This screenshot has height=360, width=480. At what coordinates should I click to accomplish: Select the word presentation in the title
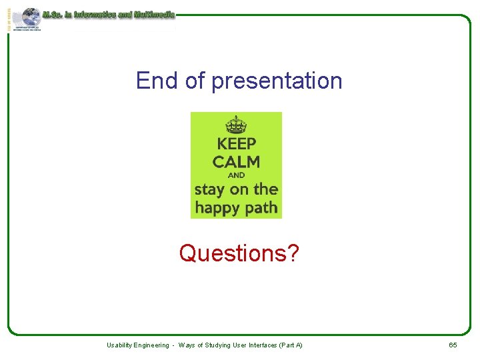277,81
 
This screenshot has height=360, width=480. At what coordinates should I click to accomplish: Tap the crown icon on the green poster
236,125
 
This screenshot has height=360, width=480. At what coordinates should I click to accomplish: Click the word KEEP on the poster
236,143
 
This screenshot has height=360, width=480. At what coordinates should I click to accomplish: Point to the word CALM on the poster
236,161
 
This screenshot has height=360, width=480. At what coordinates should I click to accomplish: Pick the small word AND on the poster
236,175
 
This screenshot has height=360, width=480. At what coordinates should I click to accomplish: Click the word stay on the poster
210,189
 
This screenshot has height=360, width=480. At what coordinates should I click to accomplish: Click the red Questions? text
239,253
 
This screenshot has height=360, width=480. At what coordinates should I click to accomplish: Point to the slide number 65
453,345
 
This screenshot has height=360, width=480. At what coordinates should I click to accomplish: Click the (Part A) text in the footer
291,345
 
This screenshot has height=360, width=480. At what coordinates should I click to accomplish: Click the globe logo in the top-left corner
28,19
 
